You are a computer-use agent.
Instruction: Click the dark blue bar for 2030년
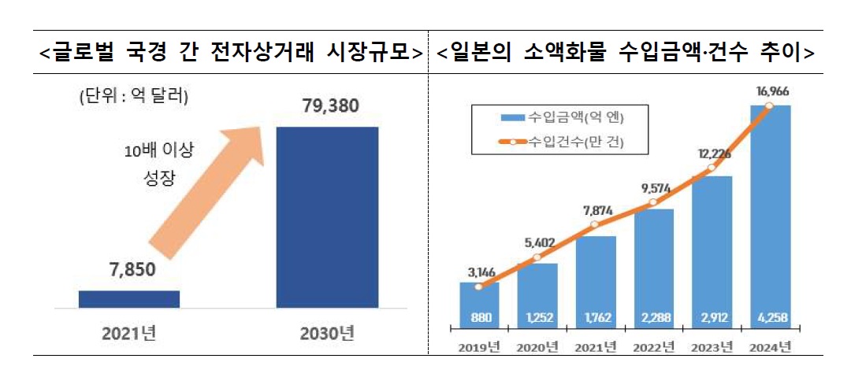tap(327, 216)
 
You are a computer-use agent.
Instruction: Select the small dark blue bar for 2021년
tap(129, 298)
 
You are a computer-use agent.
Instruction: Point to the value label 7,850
tap(130, 271)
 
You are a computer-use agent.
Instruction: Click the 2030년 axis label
tap(327, 333)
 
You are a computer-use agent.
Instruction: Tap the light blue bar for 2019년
tap(479, 299)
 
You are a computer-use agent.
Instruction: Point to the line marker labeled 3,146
tap(479, 286)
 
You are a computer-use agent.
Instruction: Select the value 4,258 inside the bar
tap(771, 319)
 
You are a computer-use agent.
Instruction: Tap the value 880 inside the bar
tap(479, 319)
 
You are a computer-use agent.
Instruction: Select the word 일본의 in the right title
tap(484, 53)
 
